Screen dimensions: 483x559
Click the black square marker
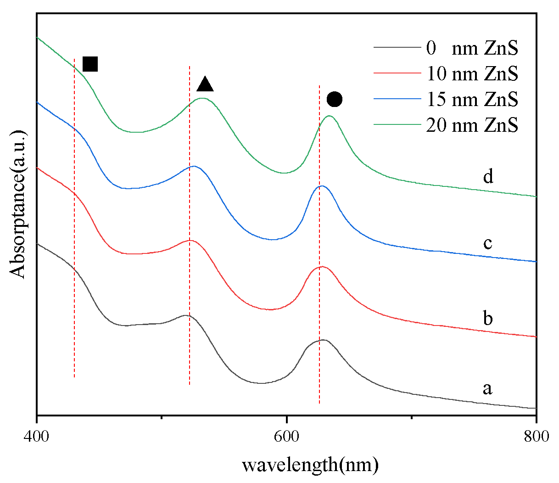[x=90, y=64]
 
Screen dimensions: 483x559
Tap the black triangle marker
[x=205, y=84]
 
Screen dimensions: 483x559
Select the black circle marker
[x=335, y=99]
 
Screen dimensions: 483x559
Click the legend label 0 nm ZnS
[x=472, y=48]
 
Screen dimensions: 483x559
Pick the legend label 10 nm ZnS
[x=472, y=73]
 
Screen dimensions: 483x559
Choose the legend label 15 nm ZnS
[x=472, y=99]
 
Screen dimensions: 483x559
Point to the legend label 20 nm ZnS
[x=472, y=125]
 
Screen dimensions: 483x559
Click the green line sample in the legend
[x=397, y=124]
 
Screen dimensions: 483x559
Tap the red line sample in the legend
[x=397, y=73]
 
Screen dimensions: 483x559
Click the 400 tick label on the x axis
[x=36, y=436]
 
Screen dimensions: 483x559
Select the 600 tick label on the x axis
[x=286, y=436]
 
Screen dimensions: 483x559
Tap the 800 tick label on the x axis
[x=536, y=436]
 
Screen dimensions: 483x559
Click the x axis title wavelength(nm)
[x=310, y=465]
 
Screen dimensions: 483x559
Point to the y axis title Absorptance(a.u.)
[x=18, y=204]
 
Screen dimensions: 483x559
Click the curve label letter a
[x=487, y=388]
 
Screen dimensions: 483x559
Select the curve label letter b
[x=488, y=318]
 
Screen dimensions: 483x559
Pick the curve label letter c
[x=487, y=242]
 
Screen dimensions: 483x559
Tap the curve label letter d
[x=488, y=176]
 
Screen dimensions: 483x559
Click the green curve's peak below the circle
[x=329, y=116]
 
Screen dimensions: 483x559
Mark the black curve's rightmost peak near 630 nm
[x=323, y=340]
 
